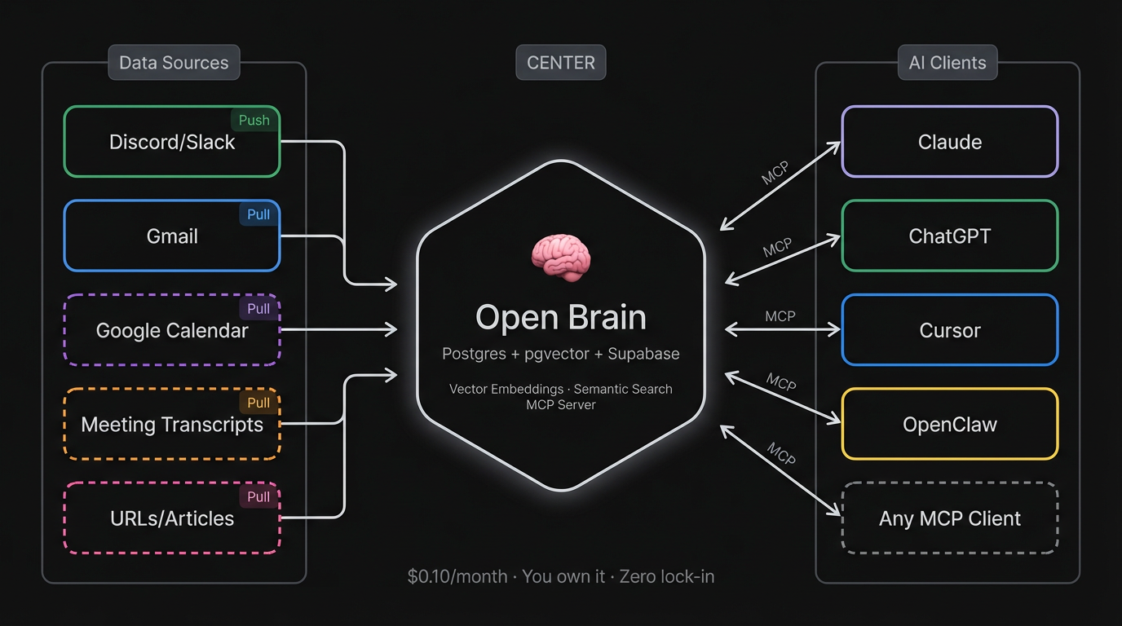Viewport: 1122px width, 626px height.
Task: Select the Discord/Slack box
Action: coord(172,142)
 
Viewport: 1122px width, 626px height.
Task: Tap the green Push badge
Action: coord(254,121)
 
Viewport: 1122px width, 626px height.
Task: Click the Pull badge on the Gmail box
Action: coord(258,214)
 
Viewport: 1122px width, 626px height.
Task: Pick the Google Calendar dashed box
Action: coord(172,330)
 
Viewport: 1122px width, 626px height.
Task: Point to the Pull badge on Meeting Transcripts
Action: coord(258,403)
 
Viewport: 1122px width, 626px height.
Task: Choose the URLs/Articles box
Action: coord(172,518)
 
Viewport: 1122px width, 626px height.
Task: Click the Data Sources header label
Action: coord(174,63)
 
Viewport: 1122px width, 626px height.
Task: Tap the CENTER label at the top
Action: coord(561,63)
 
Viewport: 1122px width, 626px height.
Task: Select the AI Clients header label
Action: coord(948,63)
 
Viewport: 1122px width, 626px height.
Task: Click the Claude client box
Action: coord(950,142)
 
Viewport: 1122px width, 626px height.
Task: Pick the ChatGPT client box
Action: coord(950,236)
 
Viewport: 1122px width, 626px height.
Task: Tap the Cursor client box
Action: coord(950,330)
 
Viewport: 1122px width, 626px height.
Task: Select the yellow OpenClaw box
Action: coord(950,425)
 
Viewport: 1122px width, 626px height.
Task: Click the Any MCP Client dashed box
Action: coord(950,518)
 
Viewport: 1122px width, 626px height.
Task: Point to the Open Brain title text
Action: coord(561,318)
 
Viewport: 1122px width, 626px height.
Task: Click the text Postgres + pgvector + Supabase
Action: coord(561,354)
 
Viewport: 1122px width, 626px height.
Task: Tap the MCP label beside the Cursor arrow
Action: coord(780,316)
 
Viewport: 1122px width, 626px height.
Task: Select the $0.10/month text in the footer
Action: coord(457,576)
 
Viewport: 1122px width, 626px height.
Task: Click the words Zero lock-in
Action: coord(667,576)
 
